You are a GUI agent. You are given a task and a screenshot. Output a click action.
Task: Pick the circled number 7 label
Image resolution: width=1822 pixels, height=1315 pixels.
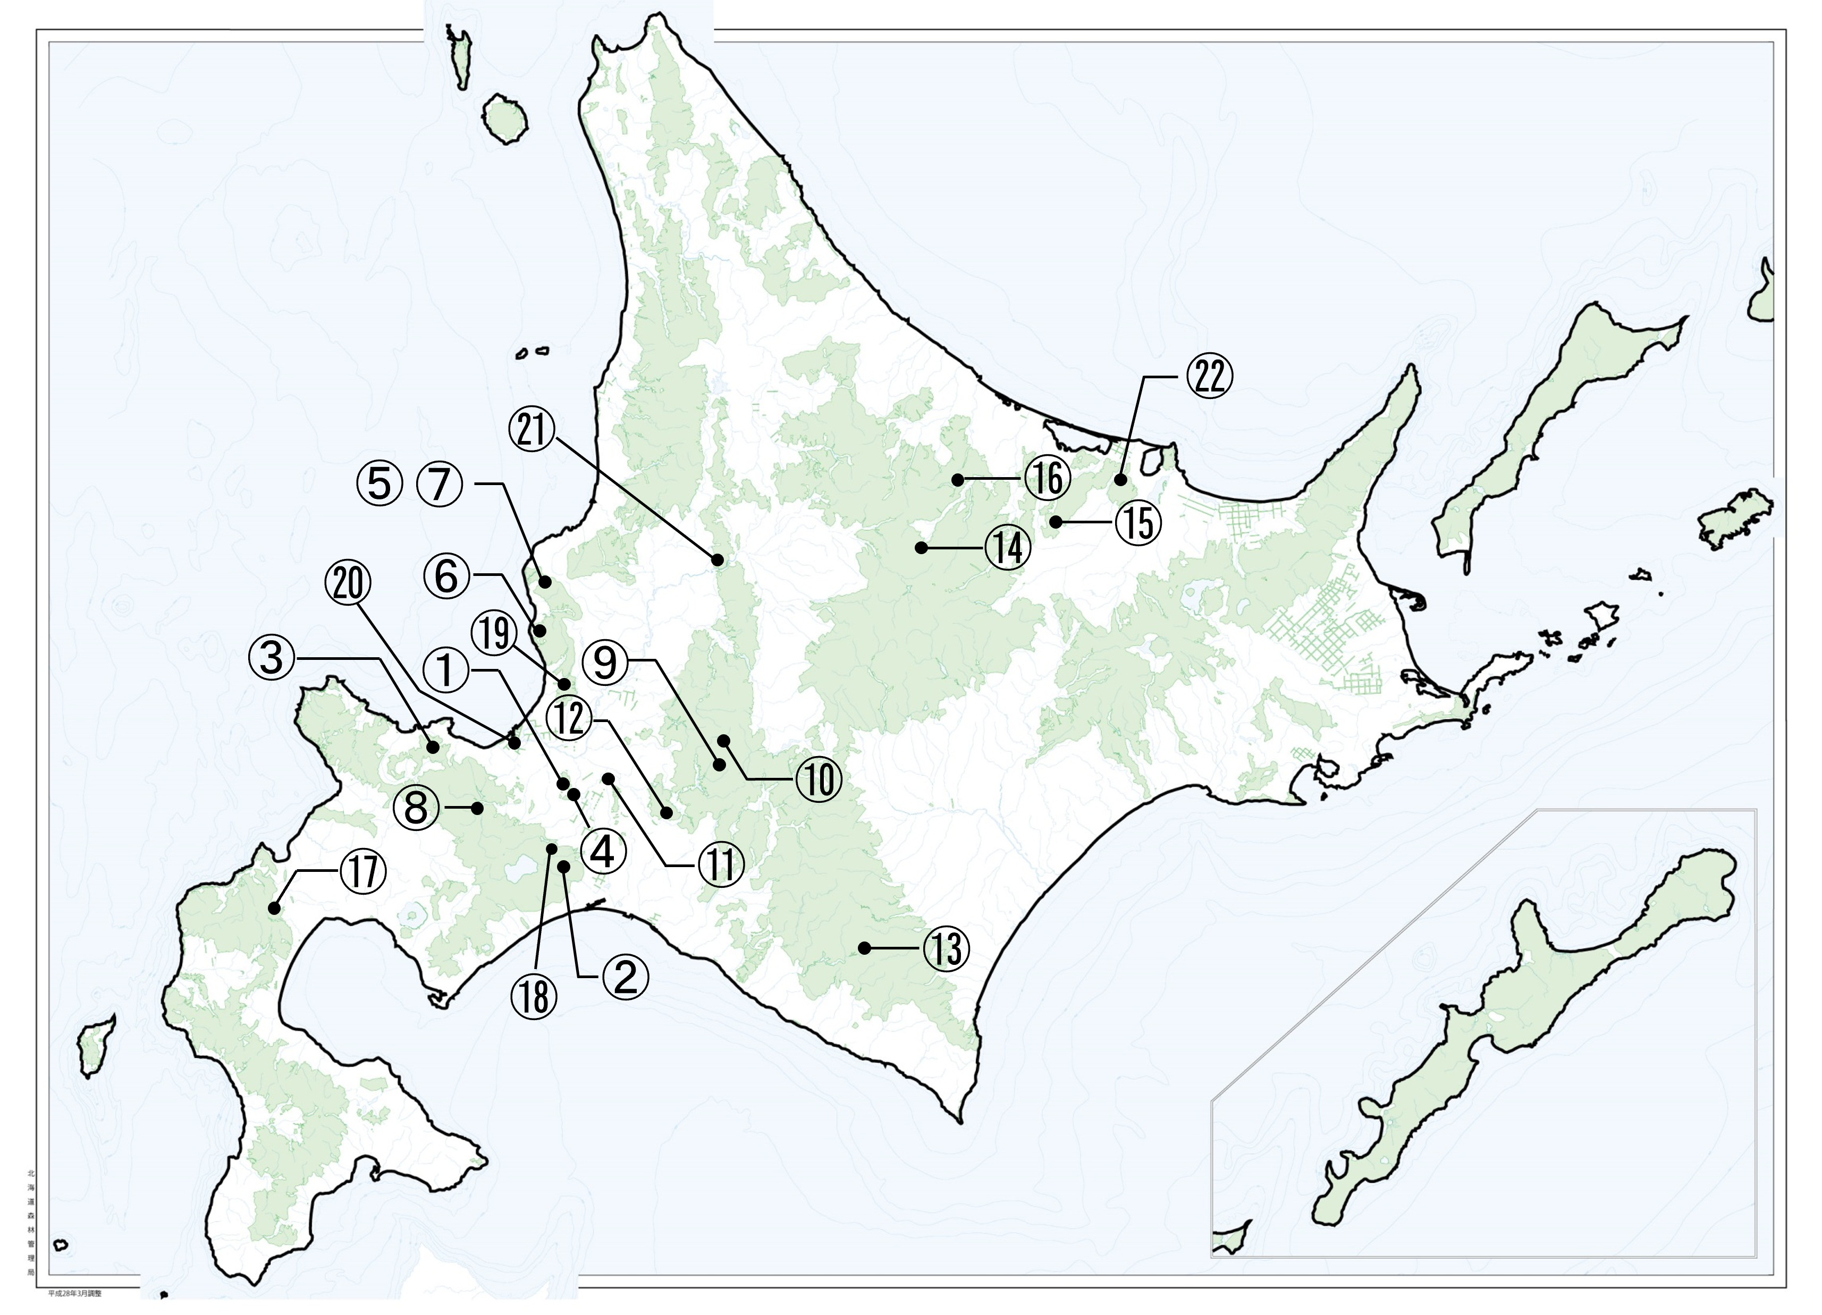pyautogui.click(x=440, y=485)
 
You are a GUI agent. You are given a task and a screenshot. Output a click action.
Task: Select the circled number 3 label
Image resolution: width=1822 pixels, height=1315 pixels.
pyautogui.click(x=272, y=658)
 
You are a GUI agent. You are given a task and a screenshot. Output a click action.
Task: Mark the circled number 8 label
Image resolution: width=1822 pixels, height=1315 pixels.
pyautogui.click(x=415, y=805)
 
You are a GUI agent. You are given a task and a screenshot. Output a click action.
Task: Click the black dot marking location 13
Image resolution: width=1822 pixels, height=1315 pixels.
pyautogui.click(x=864, y=948)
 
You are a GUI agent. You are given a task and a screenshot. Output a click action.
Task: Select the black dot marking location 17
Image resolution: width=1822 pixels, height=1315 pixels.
pyautogui.click(x=274, y=909)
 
